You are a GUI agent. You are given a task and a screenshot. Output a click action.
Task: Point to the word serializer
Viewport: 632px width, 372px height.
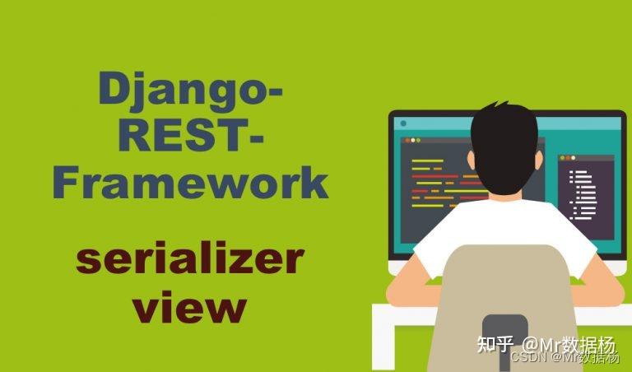click(x=190, y=259)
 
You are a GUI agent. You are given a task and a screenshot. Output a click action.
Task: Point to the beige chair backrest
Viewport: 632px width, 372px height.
click(x=502, y=280)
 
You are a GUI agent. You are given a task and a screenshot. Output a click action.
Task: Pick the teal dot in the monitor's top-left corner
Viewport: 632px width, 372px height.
click(x=402, y=123)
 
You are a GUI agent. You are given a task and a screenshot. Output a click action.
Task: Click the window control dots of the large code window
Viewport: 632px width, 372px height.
click(x=412, y=141)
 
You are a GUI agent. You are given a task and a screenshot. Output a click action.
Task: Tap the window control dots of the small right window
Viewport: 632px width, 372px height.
click(x=567, y=157)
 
